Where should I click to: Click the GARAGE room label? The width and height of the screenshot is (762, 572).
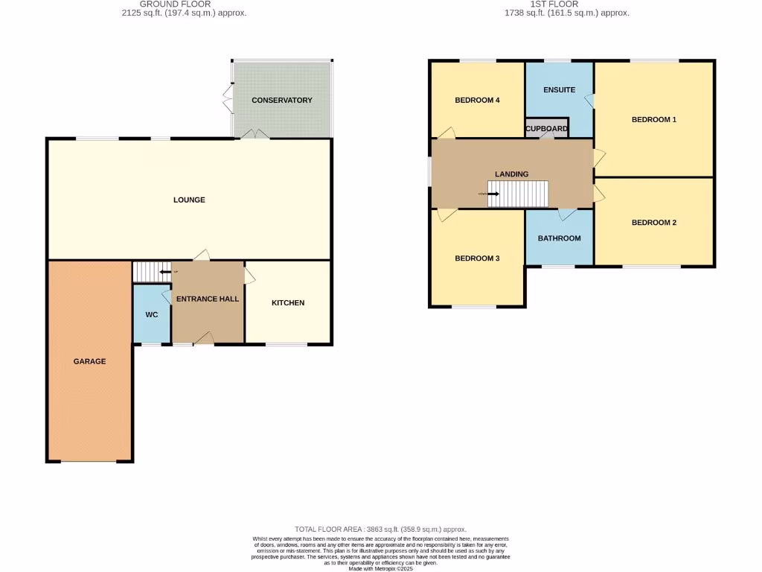coord(89,361)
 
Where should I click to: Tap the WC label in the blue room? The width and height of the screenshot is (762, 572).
coord(152,315)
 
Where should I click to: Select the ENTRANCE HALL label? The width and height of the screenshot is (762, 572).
coord(208,299)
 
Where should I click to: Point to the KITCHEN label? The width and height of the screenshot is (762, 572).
coord(288,303)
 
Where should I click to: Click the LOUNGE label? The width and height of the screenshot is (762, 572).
coord(189,200)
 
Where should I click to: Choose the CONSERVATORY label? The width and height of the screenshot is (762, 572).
coord(282,100)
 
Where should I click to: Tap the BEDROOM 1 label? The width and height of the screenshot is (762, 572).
coord(653,119)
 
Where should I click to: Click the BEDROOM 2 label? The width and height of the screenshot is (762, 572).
coord(653,222)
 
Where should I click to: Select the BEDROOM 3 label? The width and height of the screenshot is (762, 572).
coord(477,258)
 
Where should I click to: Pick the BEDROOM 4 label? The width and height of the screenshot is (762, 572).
coord(477,100)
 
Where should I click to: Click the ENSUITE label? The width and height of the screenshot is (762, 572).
coord(559,90)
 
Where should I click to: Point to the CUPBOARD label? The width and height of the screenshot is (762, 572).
coord(547,129)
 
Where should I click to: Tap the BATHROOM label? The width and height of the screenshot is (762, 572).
coord(559,238)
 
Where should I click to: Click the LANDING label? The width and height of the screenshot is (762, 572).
coord(512,174)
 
